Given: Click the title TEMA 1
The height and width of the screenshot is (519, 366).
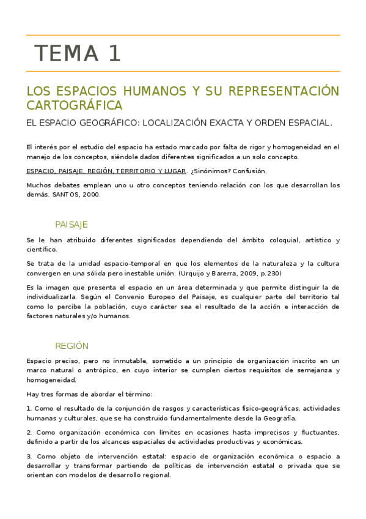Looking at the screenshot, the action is pos(78,54).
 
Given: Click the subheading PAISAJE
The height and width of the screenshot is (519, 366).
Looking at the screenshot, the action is pos(71,224).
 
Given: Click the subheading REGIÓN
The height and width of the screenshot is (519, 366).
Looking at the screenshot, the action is pos(71,345).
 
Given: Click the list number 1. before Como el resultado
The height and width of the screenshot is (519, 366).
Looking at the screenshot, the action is pos(29,408).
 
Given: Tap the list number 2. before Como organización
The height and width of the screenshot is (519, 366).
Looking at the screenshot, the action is pos(29,432).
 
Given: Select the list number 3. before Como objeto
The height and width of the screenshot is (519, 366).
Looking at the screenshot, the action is pos(29,456).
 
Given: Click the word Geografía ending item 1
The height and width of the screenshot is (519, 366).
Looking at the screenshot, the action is pos(278,418).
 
